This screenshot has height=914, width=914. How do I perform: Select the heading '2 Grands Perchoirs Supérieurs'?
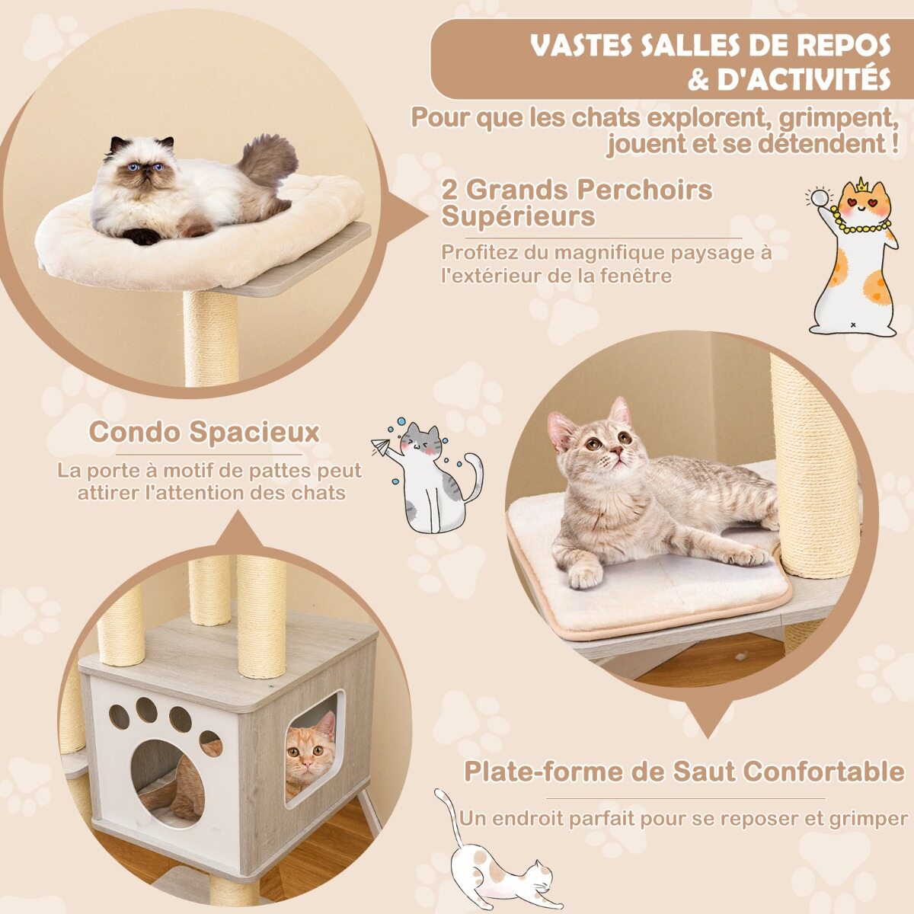[x=577, y=203]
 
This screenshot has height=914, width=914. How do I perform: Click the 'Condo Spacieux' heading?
[x=204, y=433]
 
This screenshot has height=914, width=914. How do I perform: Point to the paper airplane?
[x=381, y=447]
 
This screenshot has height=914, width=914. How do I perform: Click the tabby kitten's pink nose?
[x=615, y=450]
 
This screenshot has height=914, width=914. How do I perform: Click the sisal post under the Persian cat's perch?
[x=210, y=339]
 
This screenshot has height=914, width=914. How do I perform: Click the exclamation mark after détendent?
[x=893, y=143]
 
